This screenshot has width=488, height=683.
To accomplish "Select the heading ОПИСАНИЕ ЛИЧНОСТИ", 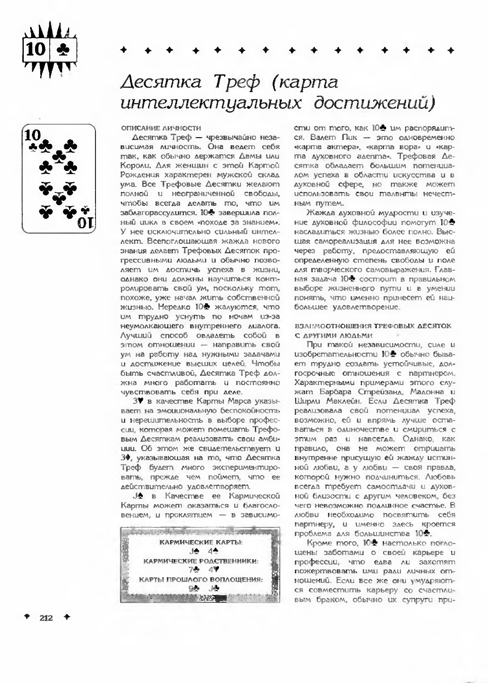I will pos(161,128).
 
